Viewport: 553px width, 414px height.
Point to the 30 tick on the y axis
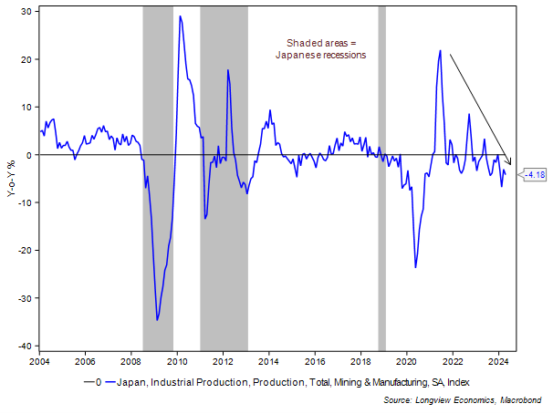(27, 11)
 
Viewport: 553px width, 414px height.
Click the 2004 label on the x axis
(39, 361)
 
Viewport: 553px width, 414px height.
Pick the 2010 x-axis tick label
(177, 361)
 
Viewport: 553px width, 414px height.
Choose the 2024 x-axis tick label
(498, 361)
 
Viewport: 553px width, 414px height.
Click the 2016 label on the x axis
(315, 361)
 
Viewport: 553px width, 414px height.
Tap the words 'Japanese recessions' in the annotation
(320, 55)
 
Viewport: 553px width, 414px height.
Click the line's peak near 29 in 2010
(180, 16)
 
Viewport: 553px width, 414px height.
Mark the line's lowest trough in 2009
(157, 320)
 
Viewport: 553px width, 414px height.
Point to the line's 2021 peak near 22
(440, 51)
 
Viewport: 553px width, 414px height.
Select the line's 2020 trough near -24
(415, 267)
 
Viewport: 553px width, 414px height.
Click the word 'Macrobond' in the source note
(522, 399)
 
